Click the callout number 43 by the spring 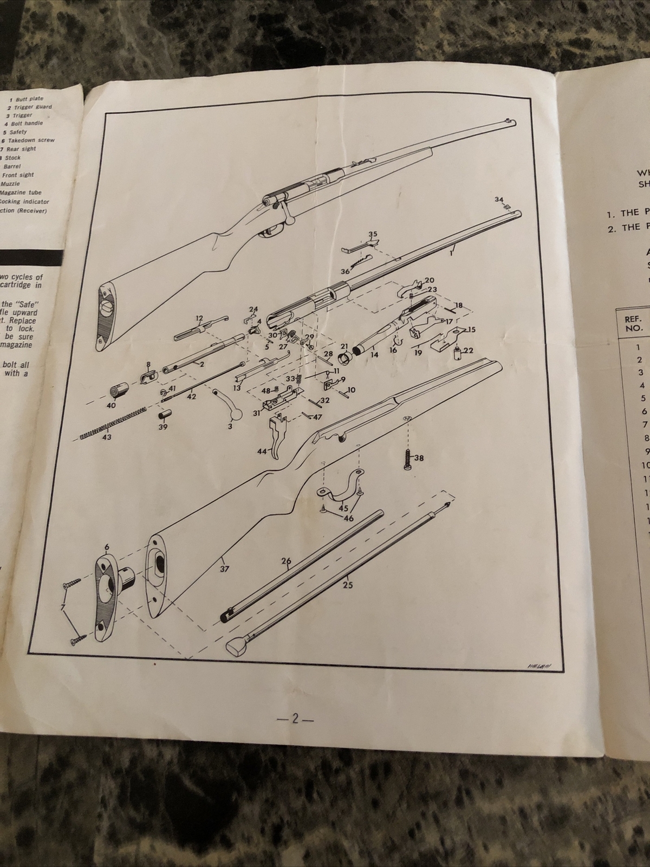coord(107,437)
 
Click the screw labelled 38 coord(407,458)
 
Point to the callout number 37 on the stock coord(224,569)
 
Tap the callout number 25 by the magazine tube coord(348,585)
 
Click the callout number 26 coord(287,560)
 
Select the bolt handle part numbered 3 coord(227,404)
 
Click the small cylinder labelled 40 coord(117,392)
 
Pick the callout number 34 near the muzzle coord(499,200)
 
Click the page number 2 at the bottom coord(295,719)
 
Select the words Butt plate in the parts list coord(29,99)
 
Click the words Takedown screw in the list coord(31,140)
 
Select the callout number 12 coord(199,318)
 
